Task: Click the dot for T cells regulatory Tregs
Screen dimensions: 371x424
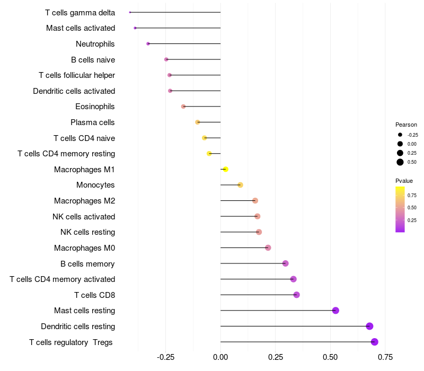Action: coord(375,342)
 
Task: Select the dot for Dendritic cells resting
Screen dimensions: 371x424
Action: coord(369,326)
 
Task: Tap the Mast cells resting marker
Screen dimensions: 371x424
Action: coord(335,311)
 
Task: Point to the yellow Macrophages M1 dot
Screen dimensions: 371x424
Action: coord(225,169)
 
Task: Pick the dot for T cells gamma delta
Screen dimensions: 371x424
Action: coord(130,12)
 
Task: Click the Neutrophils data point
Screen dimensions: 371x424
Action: coord(148,43)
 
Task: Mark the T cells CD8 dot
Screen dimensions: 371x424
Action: coord(296,295)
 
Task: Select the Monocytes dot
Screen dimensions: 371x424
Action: coord(240,185)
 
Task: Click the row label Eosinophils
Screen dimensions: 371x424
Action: coord(95,107)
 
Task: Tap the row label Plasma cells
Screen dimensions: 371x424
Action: coord(93,122)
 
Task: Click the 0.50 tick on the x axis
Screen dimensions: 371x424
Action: coord(331,357)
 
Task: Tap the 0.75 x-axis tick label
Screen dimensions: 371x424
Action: coord(385,357)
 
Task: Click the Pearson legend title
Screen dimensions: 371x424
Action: coord(406,125)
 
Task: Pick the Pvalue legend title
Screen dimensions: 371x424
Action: coord(404,181)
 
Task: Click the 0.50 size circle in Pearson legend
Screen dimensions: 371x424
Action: coord(400,162)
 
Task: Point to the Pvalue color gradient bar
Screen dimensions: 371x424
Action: coord(400,209)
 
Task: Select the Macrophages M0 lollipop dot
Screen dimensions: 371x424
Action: coord(268,248)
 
